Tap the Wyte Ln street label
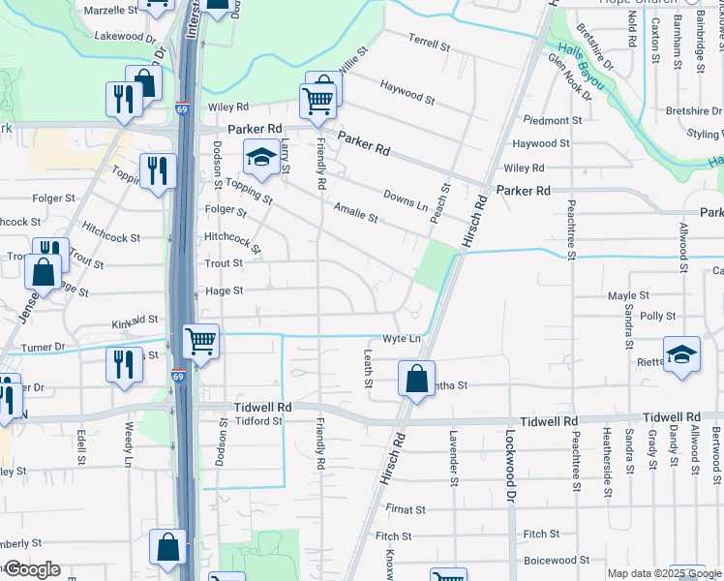point(401,339)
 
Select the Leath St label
point(368,369)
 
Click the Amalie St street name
point(354,212)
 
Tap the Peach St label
point(446,201)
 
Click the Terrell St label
point(430,45)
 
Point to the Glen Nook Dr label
point(569,76)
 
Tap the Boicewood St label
point(556,560)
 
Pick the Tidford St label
point(256,420)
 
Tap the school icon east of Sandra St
point(681,353)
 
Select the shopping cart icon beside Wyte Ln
point(200,340)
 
